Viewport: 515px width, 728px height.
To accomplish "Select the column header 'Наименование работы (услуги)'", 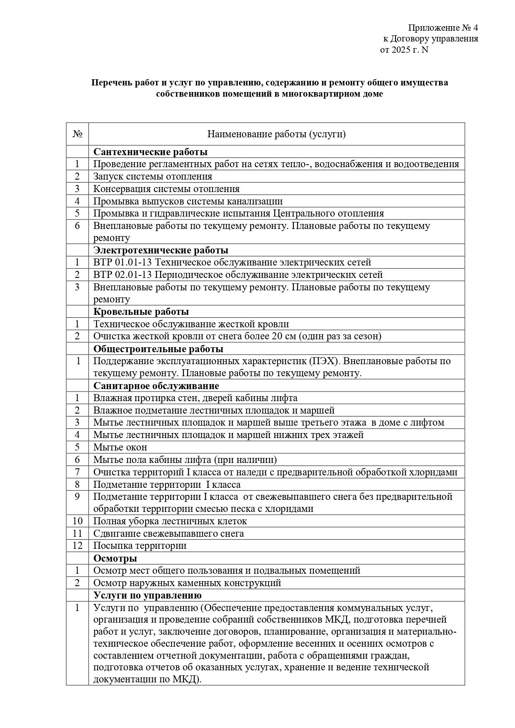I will tap(276, 134).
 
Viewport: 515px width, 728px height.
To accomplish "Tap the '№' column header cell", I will tap(77, 134).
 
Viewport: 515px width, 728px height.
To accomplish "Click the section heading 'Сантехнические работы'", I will tap(150, 152).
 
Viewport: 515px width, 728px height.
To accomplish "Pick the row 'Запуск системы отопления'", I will tap(153, 176).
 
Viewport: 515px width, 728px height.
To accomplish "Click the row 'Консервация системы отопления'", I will tap(166, 189).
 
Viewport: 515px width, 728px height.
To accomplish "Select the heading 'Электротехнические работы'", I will tap(161, 250).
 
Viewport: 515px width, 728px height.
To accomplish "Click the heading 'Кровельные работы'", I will tap(141, 312).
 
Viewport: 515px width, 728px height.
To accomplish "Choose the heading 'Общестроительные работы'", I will tap(158, 348).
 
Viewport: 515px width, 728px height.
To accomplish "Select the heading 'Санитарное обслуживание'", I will tap(156, 386).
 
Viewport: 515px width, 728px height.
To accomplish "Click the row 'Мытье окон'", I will tap(120, 447).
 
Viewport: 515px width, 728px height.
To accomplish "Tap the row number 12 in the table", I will tap(77, 545).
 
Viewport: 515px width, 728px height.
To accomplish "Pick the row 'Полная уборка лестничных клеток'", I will tap(170, 521).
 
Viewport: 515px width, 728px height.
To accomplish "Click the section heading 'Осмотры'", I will tap(115, 558).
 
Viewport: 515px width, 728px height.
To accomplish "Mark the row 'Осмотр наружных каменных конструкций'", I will tap(187, 583).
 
